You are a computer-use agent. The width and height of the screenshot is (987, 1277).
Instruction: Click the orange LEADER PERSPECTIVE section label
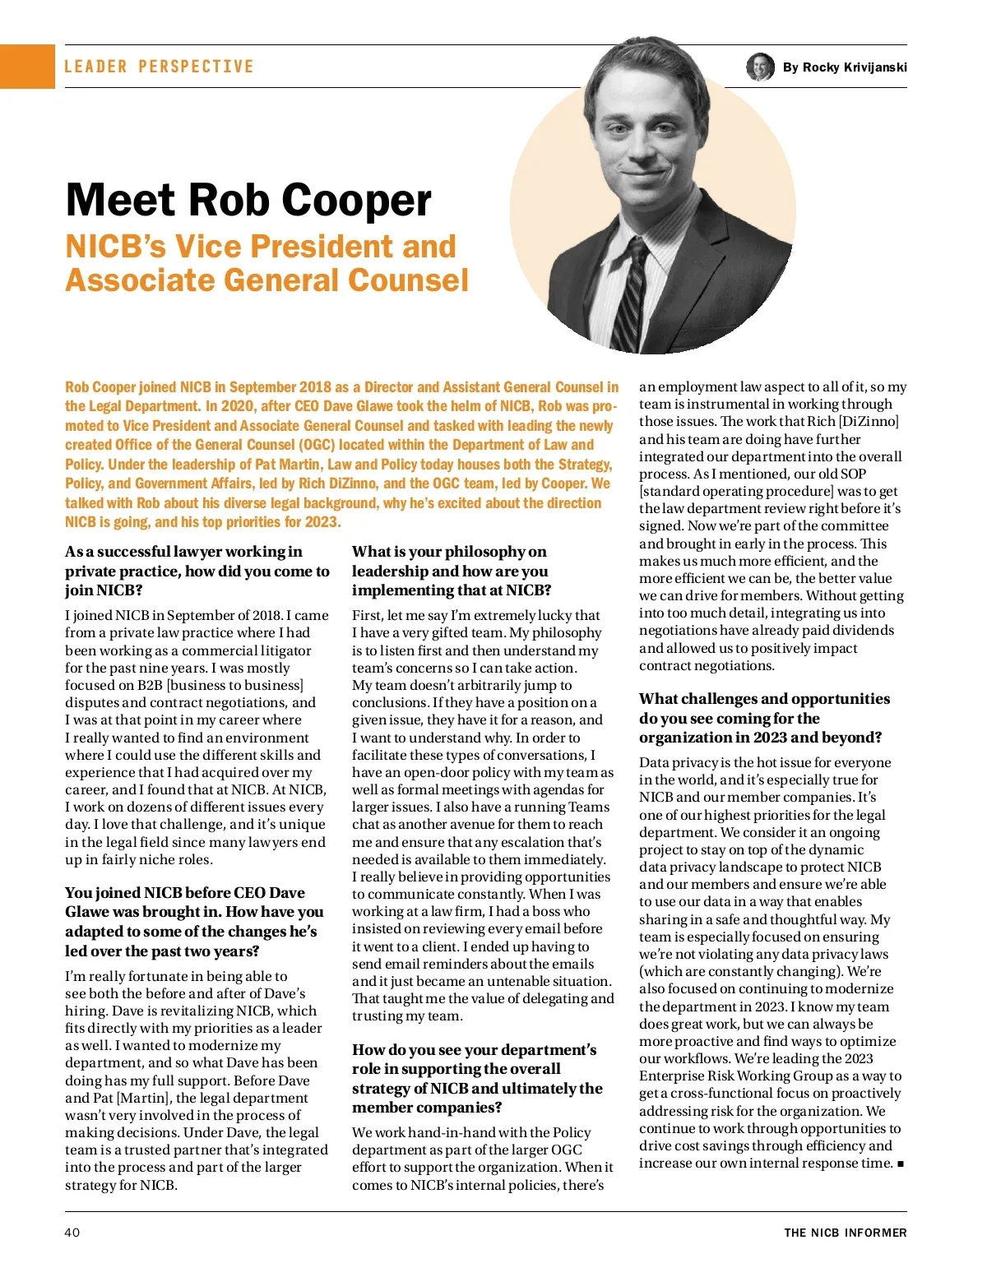click(159, 67)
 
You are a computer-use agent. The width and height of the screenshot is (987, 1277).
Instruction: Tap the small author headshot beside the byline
click(760, 67)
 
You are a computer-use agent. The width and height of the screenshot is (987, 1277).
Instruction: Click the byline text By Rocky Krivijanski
click(845, 67)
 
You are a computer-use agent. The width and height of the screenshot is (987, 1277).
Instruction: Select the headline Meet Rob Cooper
click(248, 200)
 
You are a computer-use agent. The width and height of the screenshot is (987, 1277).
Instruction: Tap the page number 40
click(72, 1232)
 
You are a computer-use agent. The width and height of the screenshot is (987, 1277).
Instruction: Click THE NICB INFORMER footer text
click(845, 1233)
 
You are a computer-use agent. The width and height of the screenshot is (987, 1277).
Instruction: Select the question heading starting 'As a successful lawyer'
click(197, 571)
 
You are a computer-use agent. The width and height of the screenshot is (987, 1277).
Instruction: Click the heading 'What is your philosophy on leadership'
click(452, 571)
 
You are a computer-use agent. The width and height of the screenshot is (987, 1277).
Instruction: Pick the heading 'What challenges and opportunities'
click(764, 718)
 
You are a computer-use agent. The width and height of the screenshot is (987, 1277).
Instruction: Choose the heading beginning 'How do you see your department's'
click(477, 1078)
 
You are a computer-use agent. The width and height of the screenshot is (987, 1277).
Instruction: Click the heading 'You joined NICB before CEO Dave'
click(195, 922)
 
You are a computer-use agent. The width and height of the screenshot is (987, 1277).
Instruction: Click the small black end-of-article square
click(901, 1164)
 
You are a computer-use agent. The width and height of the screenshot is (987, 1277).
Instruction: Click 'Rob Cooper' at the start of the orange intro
click(100, 386)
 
